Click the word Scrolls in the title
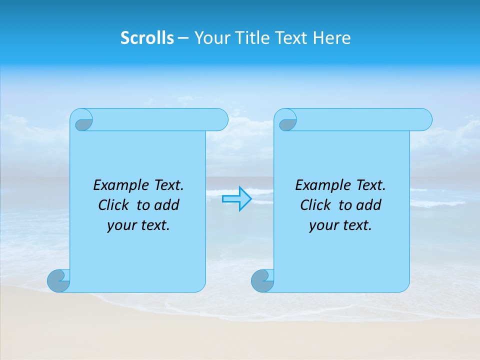(147, 38)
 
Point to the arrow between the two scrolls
(237, 199)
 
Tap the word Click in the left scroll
(114, 205)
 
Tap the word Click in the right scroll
(316, 205)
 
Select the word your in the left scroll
(122, 225)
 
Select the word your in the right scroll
(324, 225)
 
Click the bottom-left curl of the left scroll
(59, 280)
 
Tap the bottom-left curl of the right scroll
(262, 280)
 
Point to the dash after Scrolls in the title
(183, 38)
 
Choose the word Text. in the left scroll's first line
(166, 185)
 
